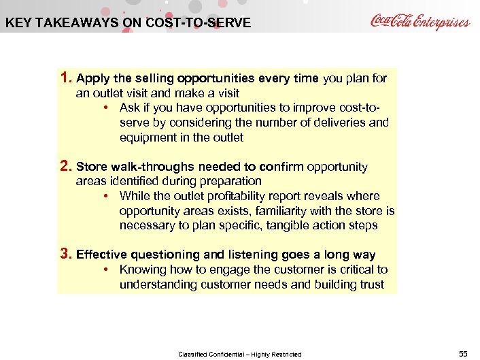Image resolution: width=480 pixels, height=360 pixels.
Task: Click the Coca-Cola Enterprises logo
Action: point(419,21)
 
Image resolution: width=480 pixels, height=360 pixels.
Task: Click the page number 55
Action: point(463,353)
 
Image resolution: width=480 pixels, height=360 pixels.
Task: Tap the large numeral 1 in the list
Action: point(65,78)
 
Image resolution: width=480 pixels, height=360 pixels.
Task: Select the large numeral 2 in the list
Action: point(65,166)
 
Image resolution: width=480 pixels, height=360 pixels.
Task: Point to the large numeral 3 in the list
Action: point(65,254)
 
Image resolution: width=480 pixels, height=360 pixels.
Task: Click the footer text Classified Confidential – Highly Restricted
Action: point(239,354)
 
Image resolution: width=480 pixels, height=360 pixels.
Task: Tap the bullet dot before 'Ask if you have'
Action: point(108,108)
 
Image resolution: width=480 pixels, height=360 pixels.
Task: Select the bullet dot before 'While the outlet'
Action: point(108,196)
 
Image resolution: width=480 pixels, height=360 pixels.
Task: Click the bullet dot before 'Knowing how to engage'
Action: point(108,269)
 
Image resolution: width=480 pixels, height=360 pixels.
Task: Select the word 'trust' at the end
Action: point(371,284)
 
